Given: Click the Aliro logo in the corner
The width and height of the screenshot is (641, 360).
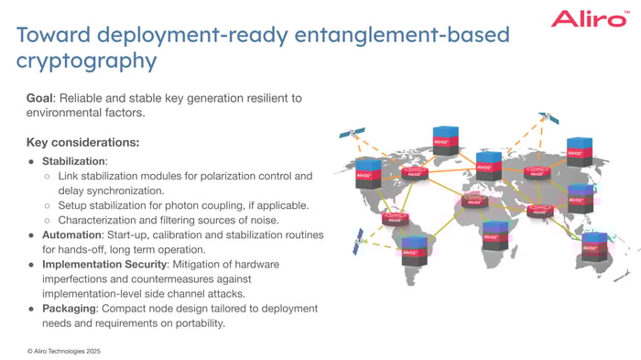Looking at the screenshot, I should click(x=589, y=19).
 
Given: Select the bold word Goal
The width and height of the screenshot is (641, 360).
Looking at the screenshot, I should click(x=43, y=98).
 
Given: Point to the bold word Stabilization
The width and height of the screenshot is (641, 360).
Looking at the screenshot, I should click(x=76, y=160).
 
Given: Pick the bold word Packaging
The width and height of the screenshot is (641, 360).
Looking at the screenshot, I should click(x=72, y=308).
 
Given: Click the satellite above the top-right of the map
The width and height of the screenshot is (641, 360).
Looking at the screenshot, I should click(x=548, y=118).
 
